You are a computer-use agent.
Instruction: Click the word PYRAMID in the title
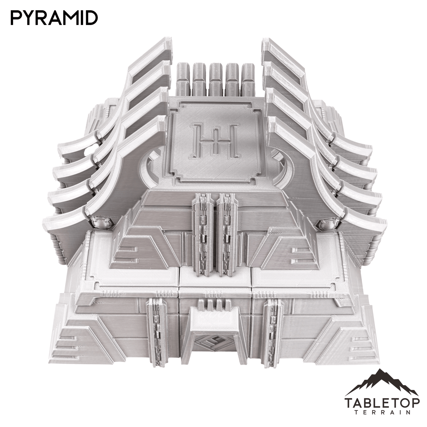point(54,18)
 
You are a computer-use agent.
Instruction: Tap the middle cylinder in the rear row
point(215,79)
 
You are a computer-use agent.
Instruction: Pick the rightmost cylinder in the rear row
point(248,79)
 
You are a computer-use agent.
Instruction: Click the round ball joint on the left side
point(99,223)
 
